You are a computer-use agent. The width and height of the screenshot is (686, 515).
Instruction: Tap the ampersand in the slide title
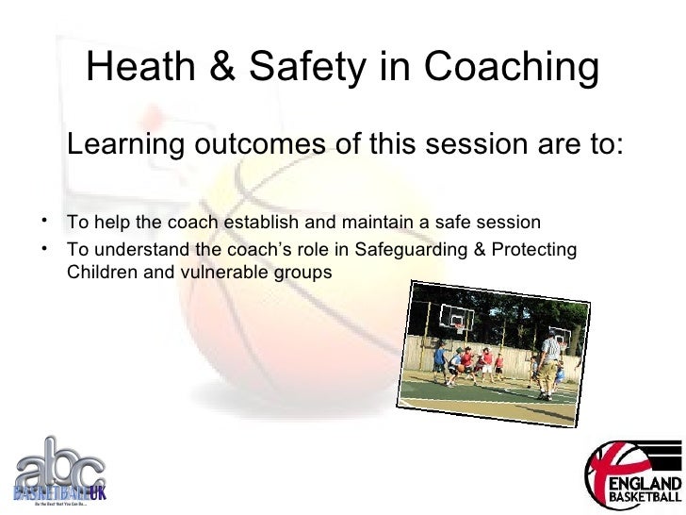(x=234, y=67)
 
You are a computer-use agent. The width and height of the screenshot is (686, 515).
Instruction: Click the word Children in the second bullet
(x=97, y=274)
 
